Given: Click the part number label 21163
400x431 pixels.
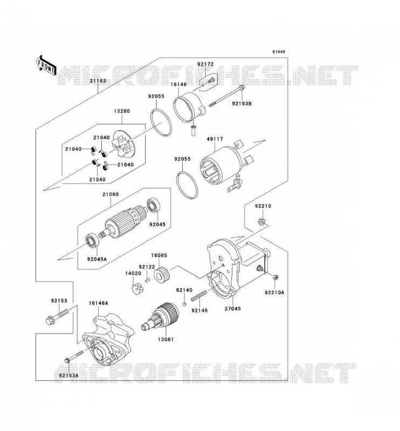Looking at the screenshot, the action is click(98, 81).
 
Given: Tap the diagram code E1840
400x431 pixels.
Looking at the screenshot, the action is click(279, 52).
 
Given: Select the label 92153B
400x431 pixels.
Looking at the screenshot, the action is click(242, 103).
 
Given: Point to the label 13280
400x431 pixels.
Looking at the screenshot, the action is click(122, 111).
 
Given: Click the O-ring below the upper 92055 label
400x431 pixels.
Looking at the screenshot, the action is click(161, 122).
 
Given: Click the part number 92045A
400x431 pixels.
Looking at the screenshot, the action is click(97, 259).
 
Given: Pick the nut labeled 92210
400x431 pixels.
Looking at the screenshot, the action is click(261, 221).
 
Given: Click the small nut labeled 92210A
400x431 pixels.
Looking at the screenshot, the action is click(275, 277).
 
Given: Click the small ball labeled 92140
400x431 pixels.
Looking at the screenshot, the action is click(184, 304).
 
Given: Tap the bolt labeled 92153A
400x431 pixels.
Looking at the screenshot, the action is click(74, 357).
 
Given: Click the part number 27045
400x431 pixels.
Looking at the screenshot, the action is click(233, 308).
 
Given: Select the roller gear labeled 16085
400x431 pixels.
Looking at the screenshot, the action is click(162, 275).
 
